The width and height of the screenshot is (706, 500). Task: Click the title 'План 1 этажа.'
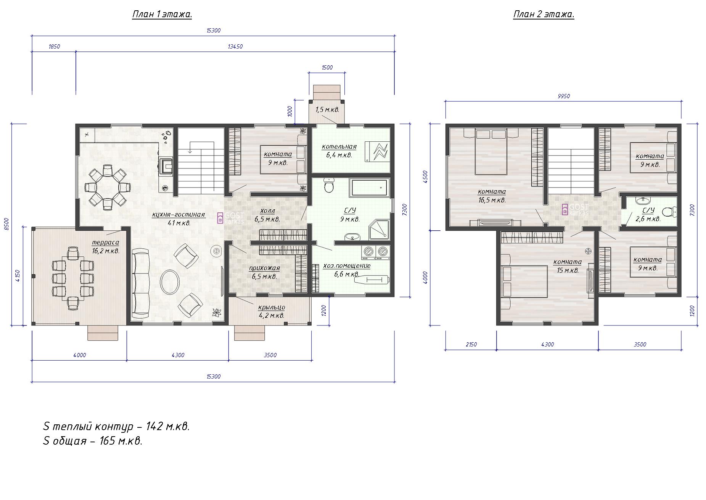(162, 15)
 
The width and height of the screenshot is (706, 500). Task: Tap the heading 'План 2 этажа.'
(544, 15)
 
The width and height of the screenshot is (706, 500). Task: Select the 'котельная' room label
(339, 147)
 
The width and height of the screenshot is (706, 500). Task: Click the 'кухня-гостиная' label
(179, 215)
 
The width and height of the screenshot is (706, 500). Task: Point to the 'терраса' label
(105, 243)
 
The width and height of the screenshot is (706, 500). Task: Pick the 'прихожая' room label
(264, 268)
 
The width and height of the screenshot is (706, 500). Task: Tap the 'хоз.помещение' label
(347, 266)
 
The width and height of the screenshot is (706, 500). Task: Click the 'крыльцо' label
(272, 307)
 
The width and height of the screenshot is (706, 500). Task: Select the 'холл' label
(267, 211)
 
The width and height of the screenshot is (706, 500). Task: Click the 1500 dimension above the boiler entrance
(327, 68)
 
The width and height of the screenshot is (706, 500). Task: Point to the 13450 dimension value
(235, 47)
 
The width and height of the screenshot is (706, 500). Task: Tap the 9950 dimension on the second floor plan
(563, 96)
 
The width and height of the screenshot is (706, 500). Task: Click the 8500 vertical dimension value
(6, 225)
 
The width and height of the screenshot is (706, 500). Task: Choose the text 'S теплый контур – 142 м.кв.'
(116, 426)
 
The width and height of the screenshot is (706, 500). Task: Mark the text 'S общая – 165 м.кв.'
(93, 441)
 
